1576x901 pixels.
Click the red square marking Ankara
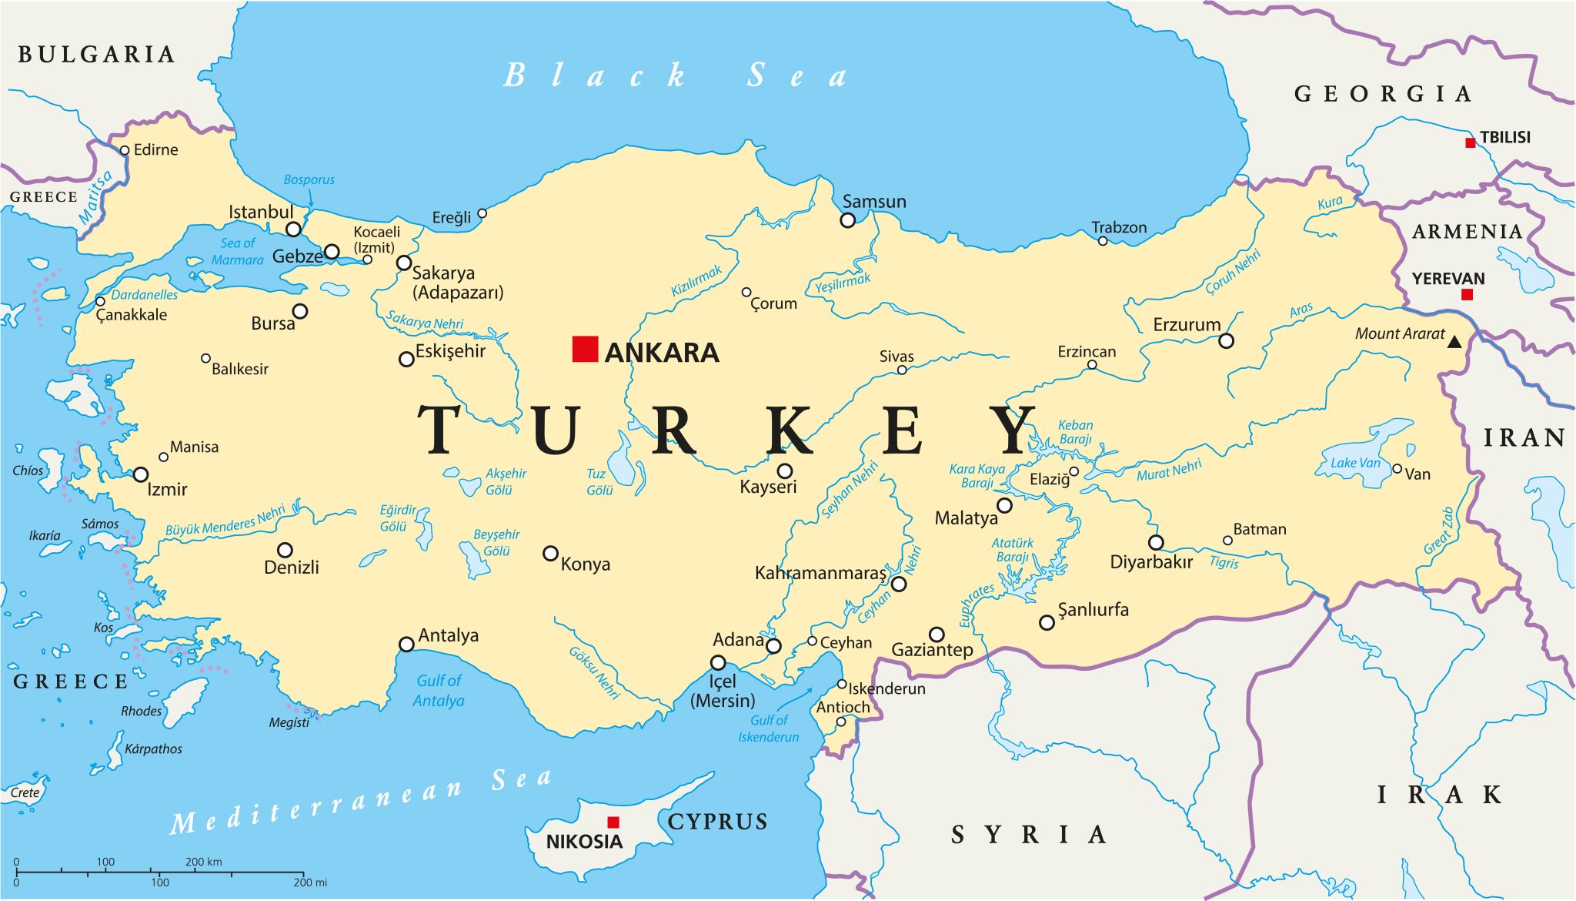click(585, 349)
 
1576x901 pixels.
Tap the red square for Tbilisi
click(1470, 142)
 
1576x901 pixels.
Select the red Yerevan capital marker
click(1467, 294)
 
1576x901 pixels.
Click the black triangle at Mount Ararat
click(1454, 342)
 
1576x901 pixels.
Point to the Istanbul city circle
click(293, 229)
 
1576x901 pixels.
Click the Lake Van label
click(1355, 463)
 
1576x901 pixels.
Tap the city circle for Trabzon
click(1103, 241)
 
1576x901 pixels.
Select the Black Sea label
click(675, 75)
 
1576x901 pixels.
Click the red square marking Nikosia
click(613, 822)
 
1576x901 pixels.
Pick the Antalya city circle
click(406, 644)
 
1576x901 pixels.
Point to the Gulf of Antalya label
click(439, 691)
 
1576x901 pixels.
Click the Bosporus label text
click(309, 179)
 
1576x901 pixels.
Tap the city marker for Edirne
click(125, 150)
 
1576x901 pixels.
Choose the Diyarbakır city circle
click(1156, 542)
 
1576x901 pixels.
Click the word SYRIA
click(1029, 835)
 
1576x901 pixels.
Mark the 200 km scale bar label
click(203, 862)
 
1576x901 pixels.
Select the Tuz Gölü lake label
click(598, 482)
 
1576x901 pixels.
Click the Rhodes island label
click(141, 711)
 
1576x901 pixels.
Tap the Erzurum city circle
click(1226, 340)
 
